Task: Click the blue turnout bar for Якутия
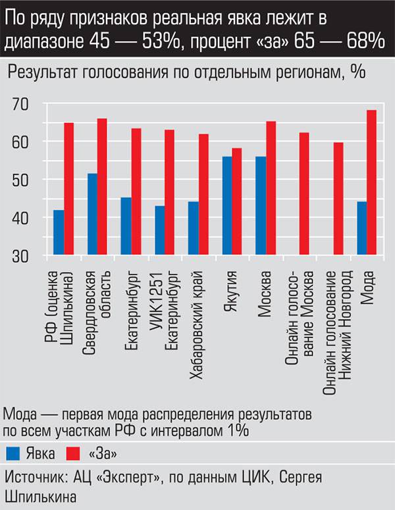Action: (227, 206)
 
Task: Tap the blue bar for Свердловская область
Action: (92, 214)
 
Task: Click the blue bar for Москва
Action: (261, 206)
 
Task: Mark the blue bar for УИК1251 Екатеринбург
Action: (159, 231)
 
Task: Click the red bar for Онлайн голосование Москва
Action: (304, 194)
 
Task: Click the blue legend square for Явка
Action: (13, 453)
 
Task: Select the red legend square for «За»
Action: (74, 453)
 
